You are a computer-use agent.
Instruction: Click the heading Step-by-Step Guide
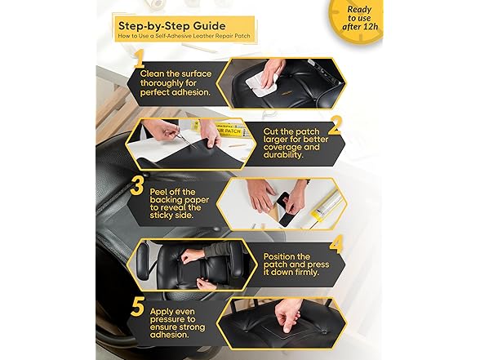[x=171, y=26]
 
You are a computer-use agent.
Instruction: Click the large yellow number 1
[x=139, y=59]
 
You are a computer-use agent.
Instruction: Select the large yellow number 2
[x=335, y=125]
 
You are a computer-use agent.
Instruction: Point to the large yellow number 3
[x=137, y=186]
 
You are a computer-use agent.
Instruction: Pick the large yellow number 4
[x=336, y=244]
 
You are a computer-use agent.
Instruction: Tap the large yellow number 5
[x=137, y=307]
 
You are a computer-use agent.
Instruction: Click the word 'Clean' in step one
[x=152, y=73]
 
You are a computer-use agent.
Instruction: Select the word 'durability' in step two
[x=283, y=155]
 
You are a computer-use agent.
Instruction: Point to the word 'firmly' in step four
[x=304, y=272]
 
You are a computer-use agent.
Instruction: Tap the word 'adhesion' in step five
[x=168, y=335]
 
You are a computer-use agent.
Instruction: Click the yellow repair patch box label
[x=228, y=131]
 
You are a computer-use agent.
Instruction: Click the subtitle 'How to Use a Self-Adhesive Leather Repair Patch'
[x=184, y=36]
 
